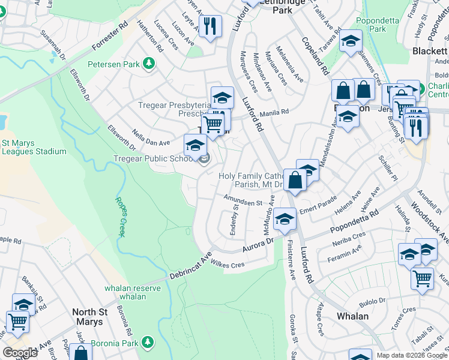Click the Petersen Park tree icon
point(148,64)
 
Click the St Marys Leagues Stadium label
point(34,147)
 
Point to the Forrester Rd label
point(111,37)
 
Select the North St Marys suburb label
point(96,317)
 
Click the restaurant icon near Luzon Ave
point(209,26)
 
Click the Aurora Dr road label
point(258,244)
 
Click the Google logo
point(20,353)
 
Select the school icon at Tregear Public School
point(195,146)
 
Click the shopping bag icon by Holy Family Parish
point(296,179)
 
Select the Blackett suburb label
point(430,51)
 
